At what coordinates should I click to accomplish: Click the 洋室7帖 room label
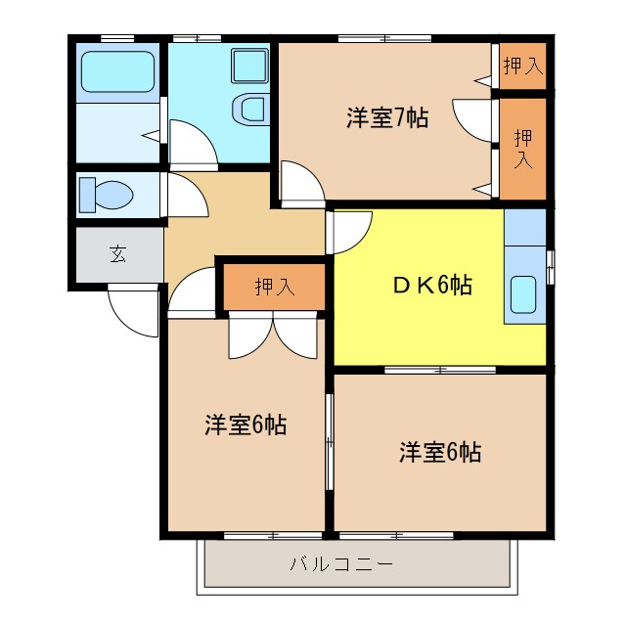click(x=387, y=118)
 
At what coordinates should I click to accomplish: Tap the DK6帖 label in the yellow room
click(x=433, y=286)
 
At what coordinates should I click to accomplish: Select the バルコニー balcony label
click(x=341, y=564)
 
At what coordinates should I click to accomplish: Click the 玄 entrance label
click(x=117, y=255)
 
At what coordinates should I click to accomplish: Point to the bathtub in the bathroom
click(x=116, y=70)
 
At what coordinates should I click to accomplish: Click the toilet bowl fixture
click(x=104, y=194)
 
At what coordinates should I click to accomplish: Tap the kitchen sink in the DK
click(x=523, y=294)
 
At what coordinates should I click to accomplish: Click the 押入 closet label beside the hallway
click(x=274, y=287)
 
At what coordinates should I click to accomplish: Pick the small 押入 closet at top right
click(x=521, y=67)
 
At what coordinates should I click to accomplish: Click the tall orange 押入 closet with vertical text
click(x=523, y=147)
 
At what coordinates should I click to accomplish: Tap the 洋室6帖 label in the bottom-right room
click(x=439, y=453)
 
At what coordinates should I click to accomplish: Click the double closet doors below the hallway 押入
click(x=274, y=335)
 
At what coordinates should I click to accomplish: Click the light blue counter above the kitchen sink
click(x=524, y=226)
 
